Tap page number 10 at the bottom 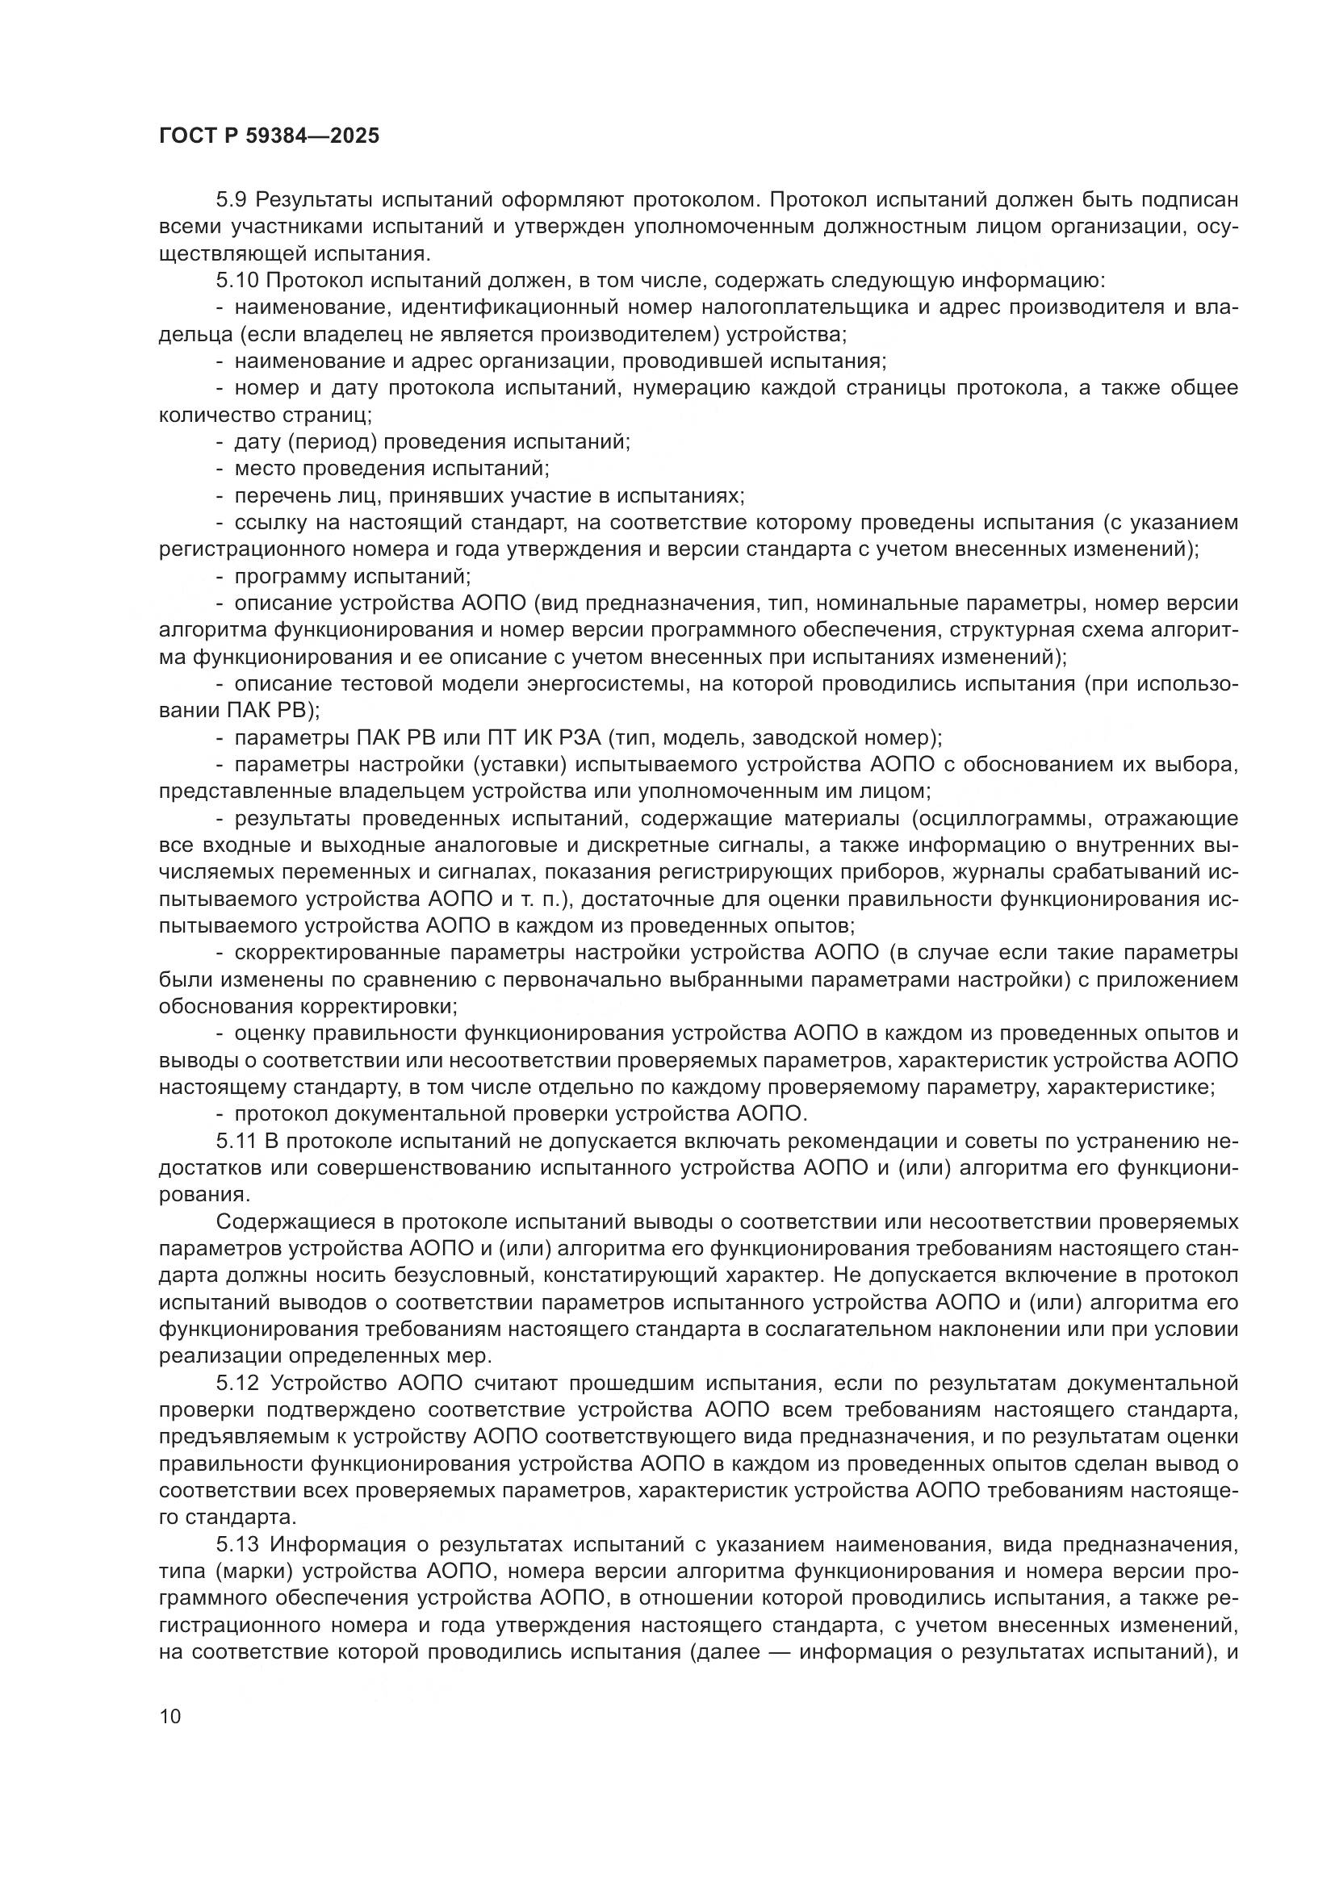pos(169,1716)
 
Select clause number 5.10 pos(237,280)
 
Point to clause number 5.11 pos(236,1141)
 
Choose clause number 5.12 pos(237,1384)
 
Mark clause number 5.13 pos(237,1544)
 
